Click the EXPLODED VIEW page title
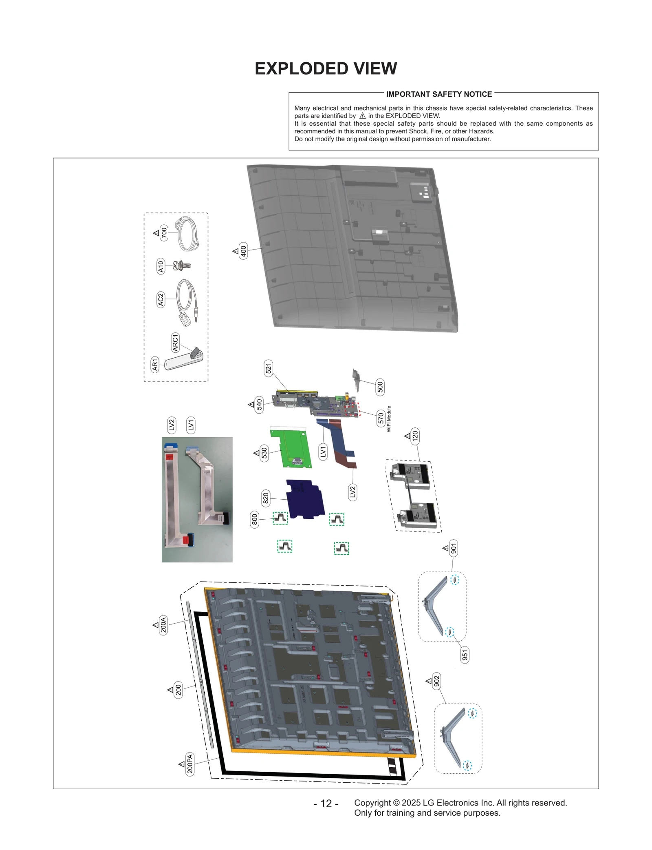coord(326,69)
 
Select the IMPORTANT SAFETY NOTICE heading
coord(439,94)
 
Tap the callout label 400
coord(243,251)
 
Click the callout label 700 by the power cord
coord(164,233)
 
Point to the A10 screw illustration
coord(182,266)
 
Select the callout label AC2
coord(161,299)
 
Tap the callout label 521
coord(268,368)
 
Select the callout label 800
coord(254,519)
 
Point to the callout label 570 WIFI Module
coord(381,418)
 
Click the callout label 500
coord(380,386)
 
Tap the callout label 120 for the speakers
coord(415,436)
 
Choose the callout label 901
coord(453,548)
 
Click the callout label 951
coord(465,655)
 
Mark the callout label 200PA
coord(190,764)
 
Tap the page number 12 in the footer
coord(326,803)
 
